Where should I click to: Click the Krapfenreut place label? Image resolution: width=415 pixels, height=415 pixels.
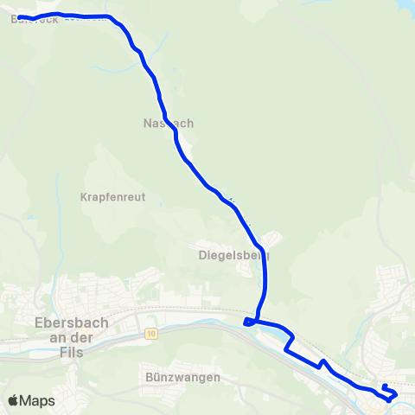pyautogui.click(x=112, y=197)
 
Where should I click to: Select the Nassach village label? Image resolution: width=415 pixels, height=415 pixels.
pyautogui.click(x=168, y=123)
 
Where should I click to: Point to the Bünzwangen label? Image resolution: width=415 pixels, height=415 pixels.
pyautogui.click(x=183, y=377)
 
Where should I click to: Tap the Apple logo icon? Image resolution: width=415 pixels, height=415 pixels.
pyautogui.click(x=13, y=400)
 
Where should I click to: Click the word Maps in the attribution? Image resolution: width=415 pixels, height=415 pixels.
pyautogui.click(x=38, y=400)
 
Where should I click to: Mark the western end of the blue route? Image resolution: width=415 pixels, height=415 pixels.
pyautogui.click(x=19, y=17)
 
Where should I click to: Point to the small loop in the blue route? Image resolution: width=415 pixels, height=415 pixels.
pyautogui.click(x=250, y=322)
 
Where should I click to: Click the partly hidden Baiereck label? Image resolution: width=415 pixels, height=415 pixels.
pyautogui.click(x=35, y=19)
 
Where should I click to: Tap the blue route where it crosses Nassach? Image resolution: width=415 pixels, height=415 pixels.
pyautogui.click(x=165, y=122)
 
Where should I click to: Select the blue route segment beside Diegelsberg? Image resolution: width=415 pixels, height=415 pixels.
pyautogui.click(x=264, y=268)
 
